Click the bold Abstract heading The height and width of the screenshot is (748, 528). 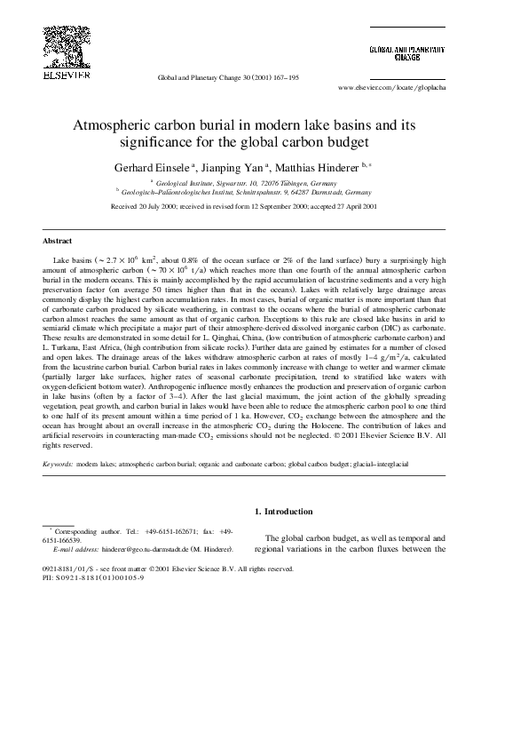point(59,240)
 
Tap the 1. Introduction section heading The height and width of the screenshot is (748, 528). point(283,511)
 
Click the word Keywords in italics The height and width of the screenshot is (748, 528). point(59,464)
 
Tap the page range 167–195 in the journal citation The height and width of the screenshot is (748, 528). point(285,78)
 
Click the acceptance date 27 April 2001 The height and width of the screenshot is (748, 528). point(353,206)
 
